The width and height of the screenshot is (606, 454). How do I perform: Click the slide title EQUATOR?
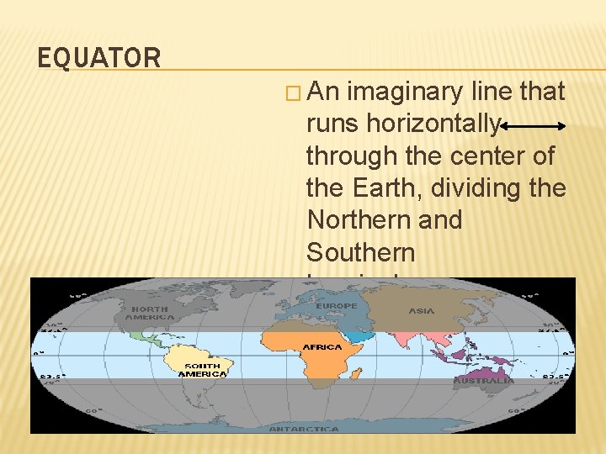[99, 58]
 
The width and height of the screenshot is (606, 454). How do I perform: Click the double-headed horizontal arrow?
[533, 126]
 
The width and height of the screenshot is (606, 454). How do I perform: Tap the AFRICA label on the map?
[322, 346]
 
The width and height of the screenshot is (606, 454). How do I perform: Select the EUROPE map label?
[337, 306]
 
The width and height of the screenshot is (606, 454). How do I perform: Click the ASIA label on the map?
[421, 311]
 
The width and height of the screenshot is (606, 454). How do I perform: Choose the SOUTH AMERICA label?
[203, 370]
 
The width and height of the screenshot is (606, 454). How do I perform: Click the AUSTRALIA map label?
[483, 381]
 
